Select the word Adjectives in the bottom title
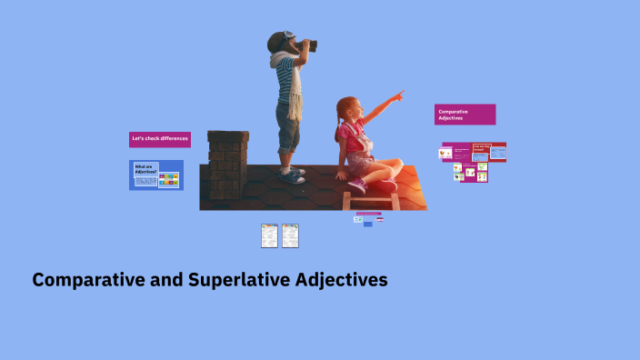coord(342,280)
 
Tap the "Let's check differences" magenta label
coord(159,139)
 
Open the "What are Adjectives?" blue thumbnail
coord(155,175)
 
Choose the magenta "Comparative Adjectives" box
coord(465,115)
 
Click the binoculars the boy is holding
coord(304,45)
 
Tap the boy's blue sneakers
coord(293,175)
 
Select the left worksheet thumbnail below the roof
coord(269,235)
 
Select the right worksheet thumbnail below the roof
coord(290,235)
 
